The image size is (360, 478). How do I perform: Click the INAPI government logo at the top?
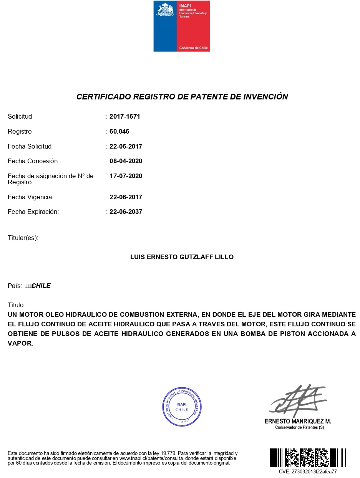[182, 26]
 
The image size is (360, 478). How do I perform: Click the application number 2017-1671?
[125, 117]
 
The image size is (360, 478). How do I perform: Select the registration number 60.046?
[119, 132]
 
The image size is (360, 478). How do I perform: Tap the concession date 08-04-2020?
[126, 161]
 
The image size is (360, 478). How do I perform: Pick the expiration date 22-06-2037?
[126, 212]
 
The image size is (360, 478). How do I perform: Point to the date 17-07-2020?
[126, 176]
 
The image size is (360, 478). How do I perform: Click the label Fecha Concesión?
[33, 161]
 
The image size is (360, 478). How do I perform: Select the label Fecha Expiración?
[33, 212]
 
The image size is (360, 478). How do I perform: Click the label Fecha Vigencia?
[30, 197]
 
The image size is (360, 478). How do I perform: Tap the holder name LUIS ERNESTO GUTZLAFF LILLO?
[182, 257]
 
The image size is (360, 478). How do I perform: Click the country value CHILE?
[41, 286]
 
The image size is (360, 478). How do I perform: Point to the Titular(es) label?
[23, 238]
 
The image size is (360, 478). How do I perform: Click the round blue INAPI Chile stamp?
[182, 406]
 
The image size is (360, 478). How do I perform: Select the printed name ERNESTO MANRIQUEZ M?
[298, 421]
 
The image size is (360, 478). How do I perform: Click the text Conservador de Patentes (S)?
[300, 427]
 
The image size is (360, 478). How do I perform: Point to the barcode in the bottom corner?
[308, 458]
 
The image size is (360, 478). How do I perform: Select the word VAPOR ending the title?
[20, 344]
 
